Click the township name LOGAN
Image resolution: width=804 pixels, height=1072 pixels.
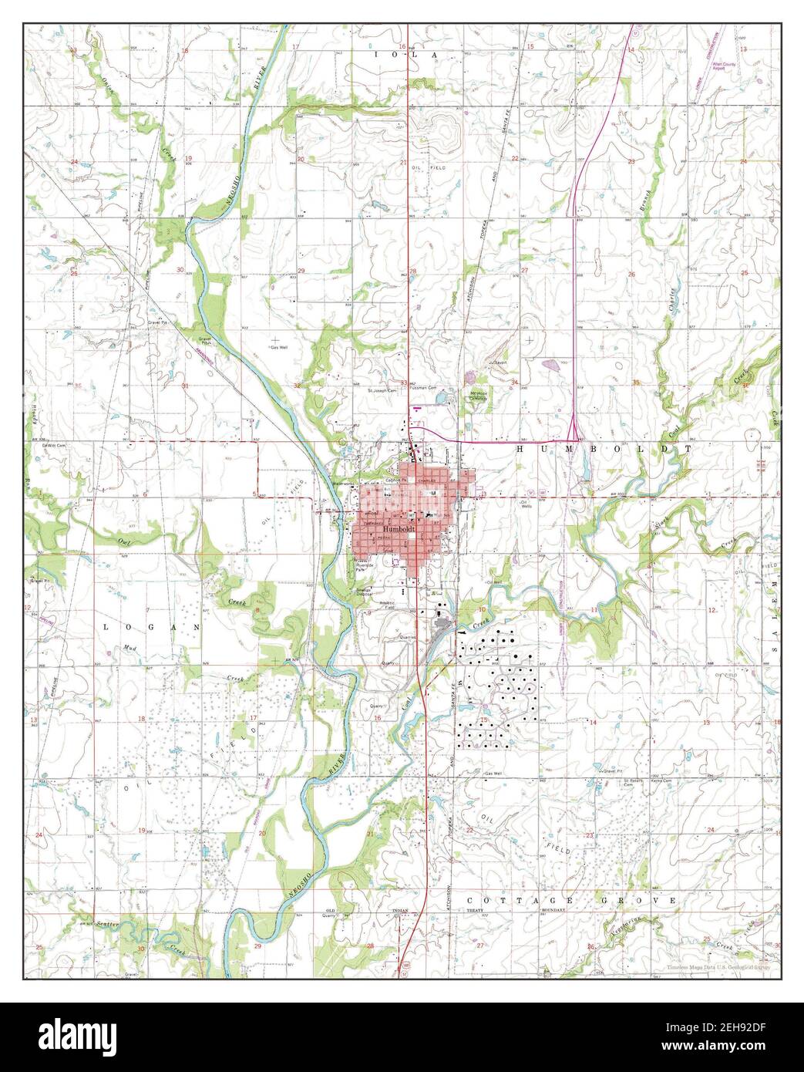152,627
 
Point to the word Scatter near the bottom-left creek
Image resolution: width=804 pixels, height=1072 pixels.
105,923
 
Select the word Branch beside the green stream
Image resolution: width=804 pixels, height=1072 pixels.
648,202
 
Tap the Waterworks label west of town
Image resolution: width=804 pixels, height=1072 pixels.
342,484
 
